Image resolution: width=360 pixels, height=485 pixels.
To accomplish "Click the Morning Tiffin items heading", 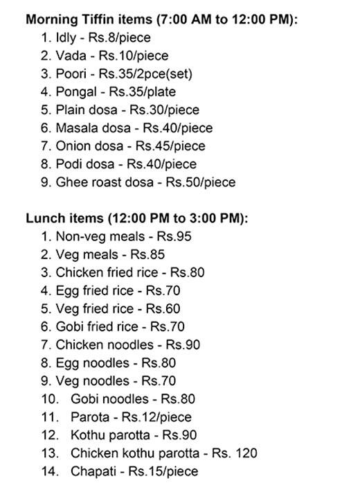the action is (x=162, y=19).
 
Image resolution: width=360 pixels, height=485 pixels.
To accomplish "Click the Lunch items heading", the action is (x=137, y=218).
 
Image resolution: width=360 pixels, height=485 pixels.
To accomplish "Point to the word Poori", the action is (x=71, y=73).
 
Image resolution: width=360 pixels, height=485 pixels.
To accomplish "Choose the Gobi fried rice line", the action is (x=114, y=326).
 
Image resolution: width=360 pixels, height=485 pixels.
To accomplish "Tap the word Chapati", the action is (x=93, y=471).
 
